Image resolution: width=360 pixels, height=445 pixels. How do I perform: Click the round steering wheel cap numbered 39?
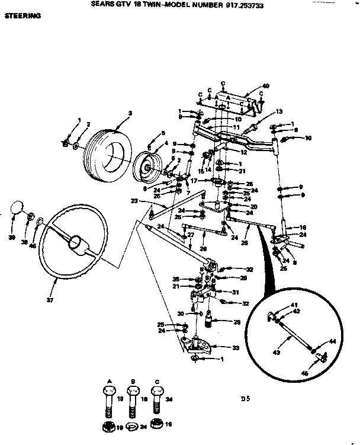(x=17, y=209)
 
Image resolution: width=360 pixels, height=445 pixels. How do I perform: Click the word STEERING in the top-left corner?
(x=23, y=17)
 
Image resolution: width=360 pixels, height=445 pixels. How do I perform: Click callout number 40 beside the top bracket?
(x=265, y=87)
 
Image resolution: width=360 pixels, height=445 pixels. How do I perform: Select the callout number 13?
(x=279, y=112)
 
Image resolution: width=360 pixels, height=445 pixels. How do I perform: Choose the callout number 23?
(x=134, y=201)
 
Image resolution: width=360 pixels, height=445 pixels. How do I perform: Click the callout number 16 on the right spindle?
(x=303, y=228)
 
